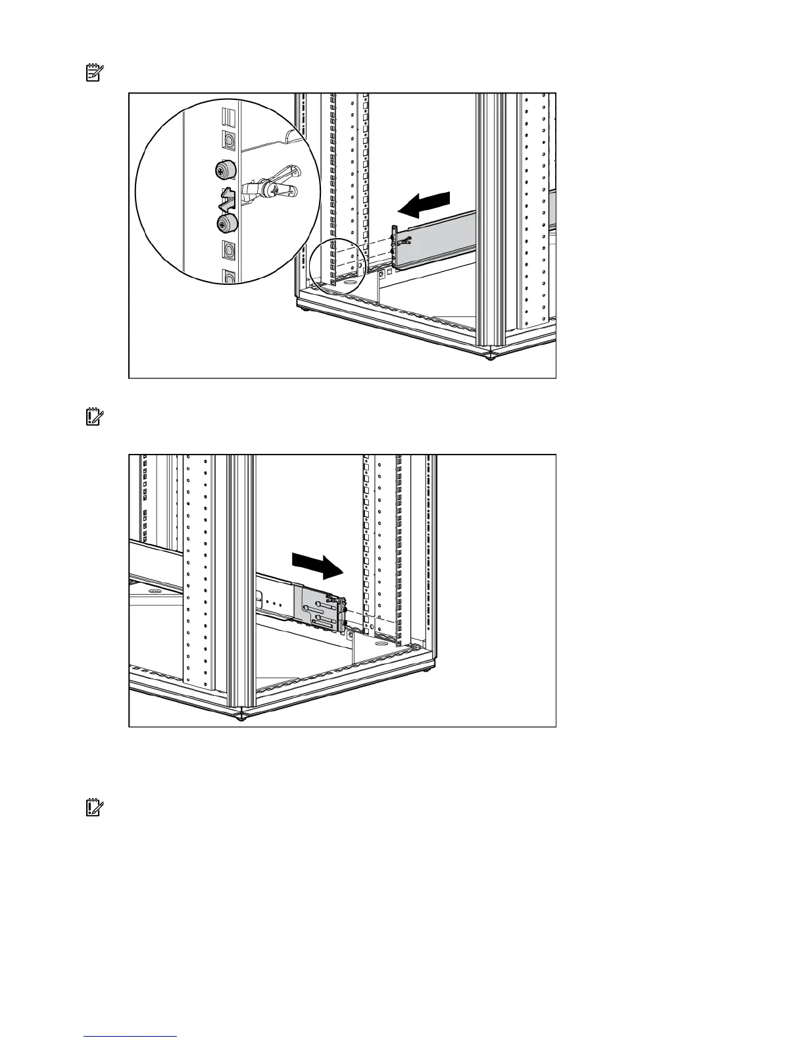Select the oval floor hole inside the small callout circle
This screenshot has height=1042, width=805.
click(x=349, y=282)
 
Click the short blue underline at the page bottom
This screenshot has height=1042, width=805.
click(x=131, y=1036)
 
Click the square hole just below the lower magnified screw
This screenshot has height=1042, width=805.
click(x=228, y=250)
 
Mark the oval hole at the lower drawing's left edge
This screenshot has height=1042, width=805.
click(x=155, y=591)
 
